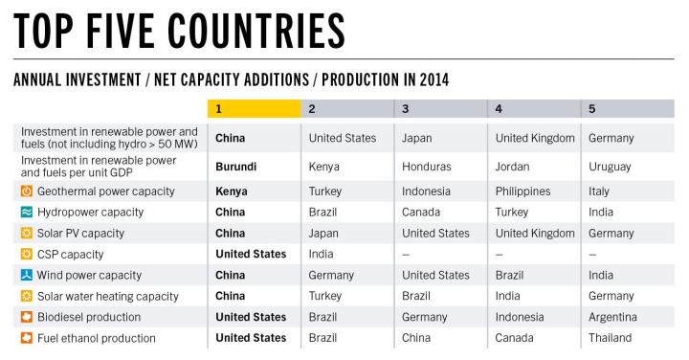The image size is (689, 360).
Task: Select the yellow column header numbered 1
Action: [x=254, y=109]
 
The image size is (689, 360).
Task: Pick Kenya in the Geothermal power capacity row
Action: [x=232, y=191]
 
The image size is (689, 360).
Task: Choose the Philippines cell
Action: [x=522, y=191]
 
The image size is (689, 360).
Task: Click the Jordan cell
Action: [x=513, y=167]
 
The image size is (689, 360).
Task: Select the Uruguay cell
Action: [x=610, y=167]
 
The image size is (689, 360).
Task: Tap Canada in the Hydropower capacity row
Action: [x=423, y=212]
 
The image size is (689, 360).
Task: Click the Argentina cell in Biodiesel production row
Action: [x=612, y=317]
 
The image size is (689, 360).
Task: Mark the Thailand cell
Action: [x=610, y=338]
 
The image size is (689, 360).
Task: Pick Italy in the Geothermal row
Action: [x=600, y=191]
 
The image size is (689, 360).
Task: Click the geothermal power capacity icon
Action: [x=27, y=191]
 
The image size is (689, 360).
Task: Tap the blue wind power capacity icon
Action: [x=27, y=275]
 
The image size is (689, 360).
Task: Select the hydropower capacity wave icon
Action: [x=27, y=212]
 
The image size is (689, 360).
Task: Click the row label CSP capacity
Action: [x=70, y=255]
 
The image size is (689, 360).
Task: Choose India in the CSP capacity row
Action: [x=322, y=254]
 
